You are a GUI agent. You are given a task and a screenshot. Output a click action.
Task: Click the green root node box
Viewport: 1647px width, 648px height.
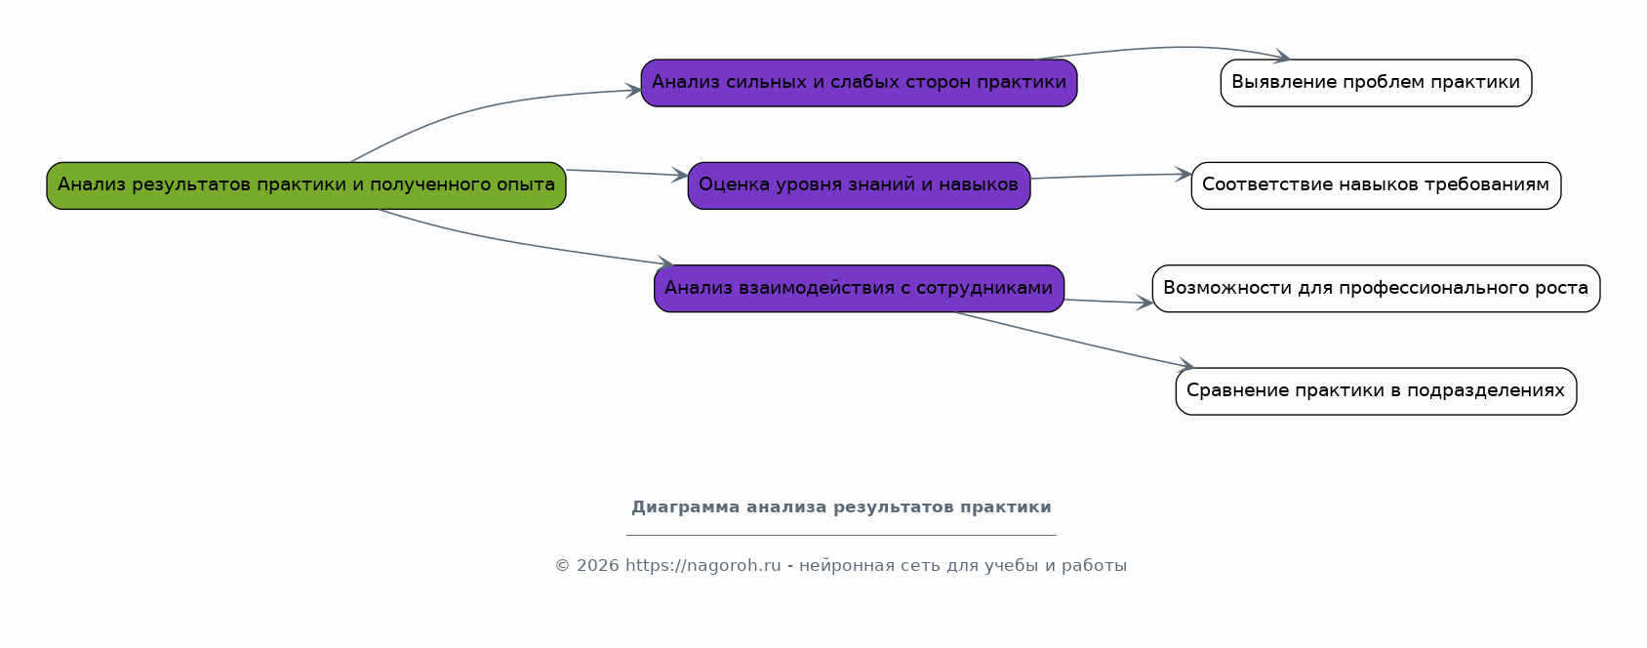(x=305, y=185)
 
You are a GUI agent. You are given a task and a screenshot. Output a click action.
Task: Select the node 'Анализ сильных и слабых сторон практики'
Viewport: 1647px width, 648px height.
(x=859, y=83)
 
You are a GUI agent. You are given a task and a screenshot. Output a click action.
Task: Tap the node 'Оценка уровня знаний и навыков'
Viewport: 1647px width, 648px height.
(x=859, y=185)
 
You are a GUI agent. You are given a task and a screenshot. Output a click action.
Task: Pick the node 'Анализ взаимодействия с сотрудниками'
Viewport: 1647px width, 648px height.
(x=859, y=288)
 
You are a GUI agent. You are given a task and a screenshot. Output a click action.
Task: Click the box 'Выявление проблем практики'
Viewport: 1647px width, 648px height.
(x=1376, y=83)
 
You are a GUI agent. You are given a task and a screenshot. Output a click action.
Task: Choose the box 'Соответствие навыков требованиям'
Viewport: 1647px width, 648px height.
(x=1376, y=185)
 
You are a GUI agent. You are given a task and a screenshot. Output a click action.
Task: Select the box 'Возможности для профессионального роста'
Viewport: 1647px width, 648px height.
(x=1376, y=288)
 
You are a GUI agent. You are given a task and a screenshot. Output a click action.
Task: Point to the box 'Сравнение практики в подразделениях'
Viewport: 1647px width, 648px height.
(x=1376, y=391)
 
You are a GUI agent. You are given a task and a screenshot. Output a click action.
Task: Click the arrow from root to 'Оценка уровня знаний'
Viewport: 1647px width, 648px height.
(x=627, y=173)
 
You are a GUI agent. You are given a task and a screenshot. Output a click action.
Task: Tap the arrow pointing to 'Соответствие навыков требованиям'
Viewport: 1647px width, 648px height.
(x=1111, y=176)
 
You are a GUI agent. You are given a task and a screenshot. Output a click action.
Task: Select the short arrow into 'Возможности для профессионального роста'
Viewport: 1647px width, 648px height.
(x=1108, y=302)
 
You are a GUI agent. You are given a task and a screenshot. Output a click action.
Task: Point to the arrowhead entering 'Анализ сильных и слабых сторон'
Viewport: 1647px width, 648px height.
(x=633, y=91)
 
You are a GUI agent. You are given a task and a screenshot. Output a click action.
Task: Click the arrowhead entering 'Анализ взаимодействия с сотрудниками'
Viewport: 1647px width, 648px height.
(x=664, y=263)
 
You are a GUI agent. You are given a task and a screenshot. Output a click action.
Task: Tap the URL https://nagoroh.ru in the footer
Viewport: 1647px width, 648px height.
(x=703, y=566)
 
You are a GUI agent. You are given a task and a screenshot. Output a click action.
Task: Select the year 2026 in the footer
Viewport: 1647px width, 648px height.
(x=598, y=566)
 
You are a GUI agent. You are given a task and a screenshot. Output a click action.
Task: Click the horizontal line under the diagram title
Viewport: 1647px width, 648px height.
(x=841, y=535)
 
